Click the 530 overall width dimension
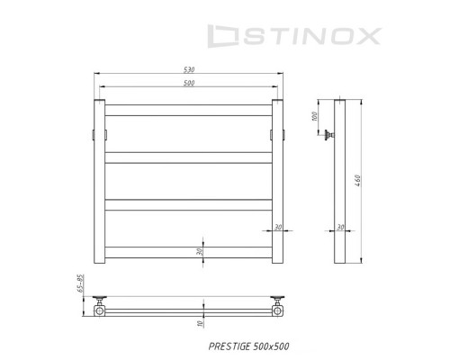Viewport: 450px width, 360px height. coord(189,69)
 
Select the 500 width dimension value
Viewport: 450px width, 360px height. coord(189,83)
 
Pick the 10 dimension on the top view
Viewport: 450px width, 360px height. coord(201,322)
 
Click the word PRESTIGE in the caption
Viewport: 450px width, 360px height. coord(226,346)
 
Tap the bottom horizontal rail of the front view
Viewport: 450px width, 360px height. coord(189,253)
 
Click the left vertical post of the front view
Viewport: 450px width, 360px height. coord(100,180)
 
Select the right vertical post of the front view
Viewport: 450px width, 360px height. coord(278,180)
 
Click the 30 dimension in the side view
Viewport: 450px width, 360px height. coord(339,227)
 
